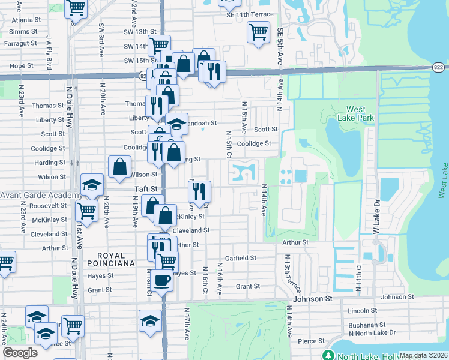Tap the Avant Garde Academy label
coord(41,196)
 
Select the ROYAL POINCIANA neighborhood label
coord(110,259)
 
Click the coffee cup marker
coord(161,279)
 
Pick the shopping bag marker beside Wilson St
coord(120,166)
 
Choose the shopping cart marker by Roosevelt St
coord(86,211)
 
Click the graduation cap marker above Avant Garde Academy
coord(92,185)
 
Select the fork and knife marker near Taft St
coord(199,191)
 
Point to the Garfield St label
coord(241,258)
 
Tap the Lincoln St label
coord(361,311)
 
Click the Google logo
coord(20,353)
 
